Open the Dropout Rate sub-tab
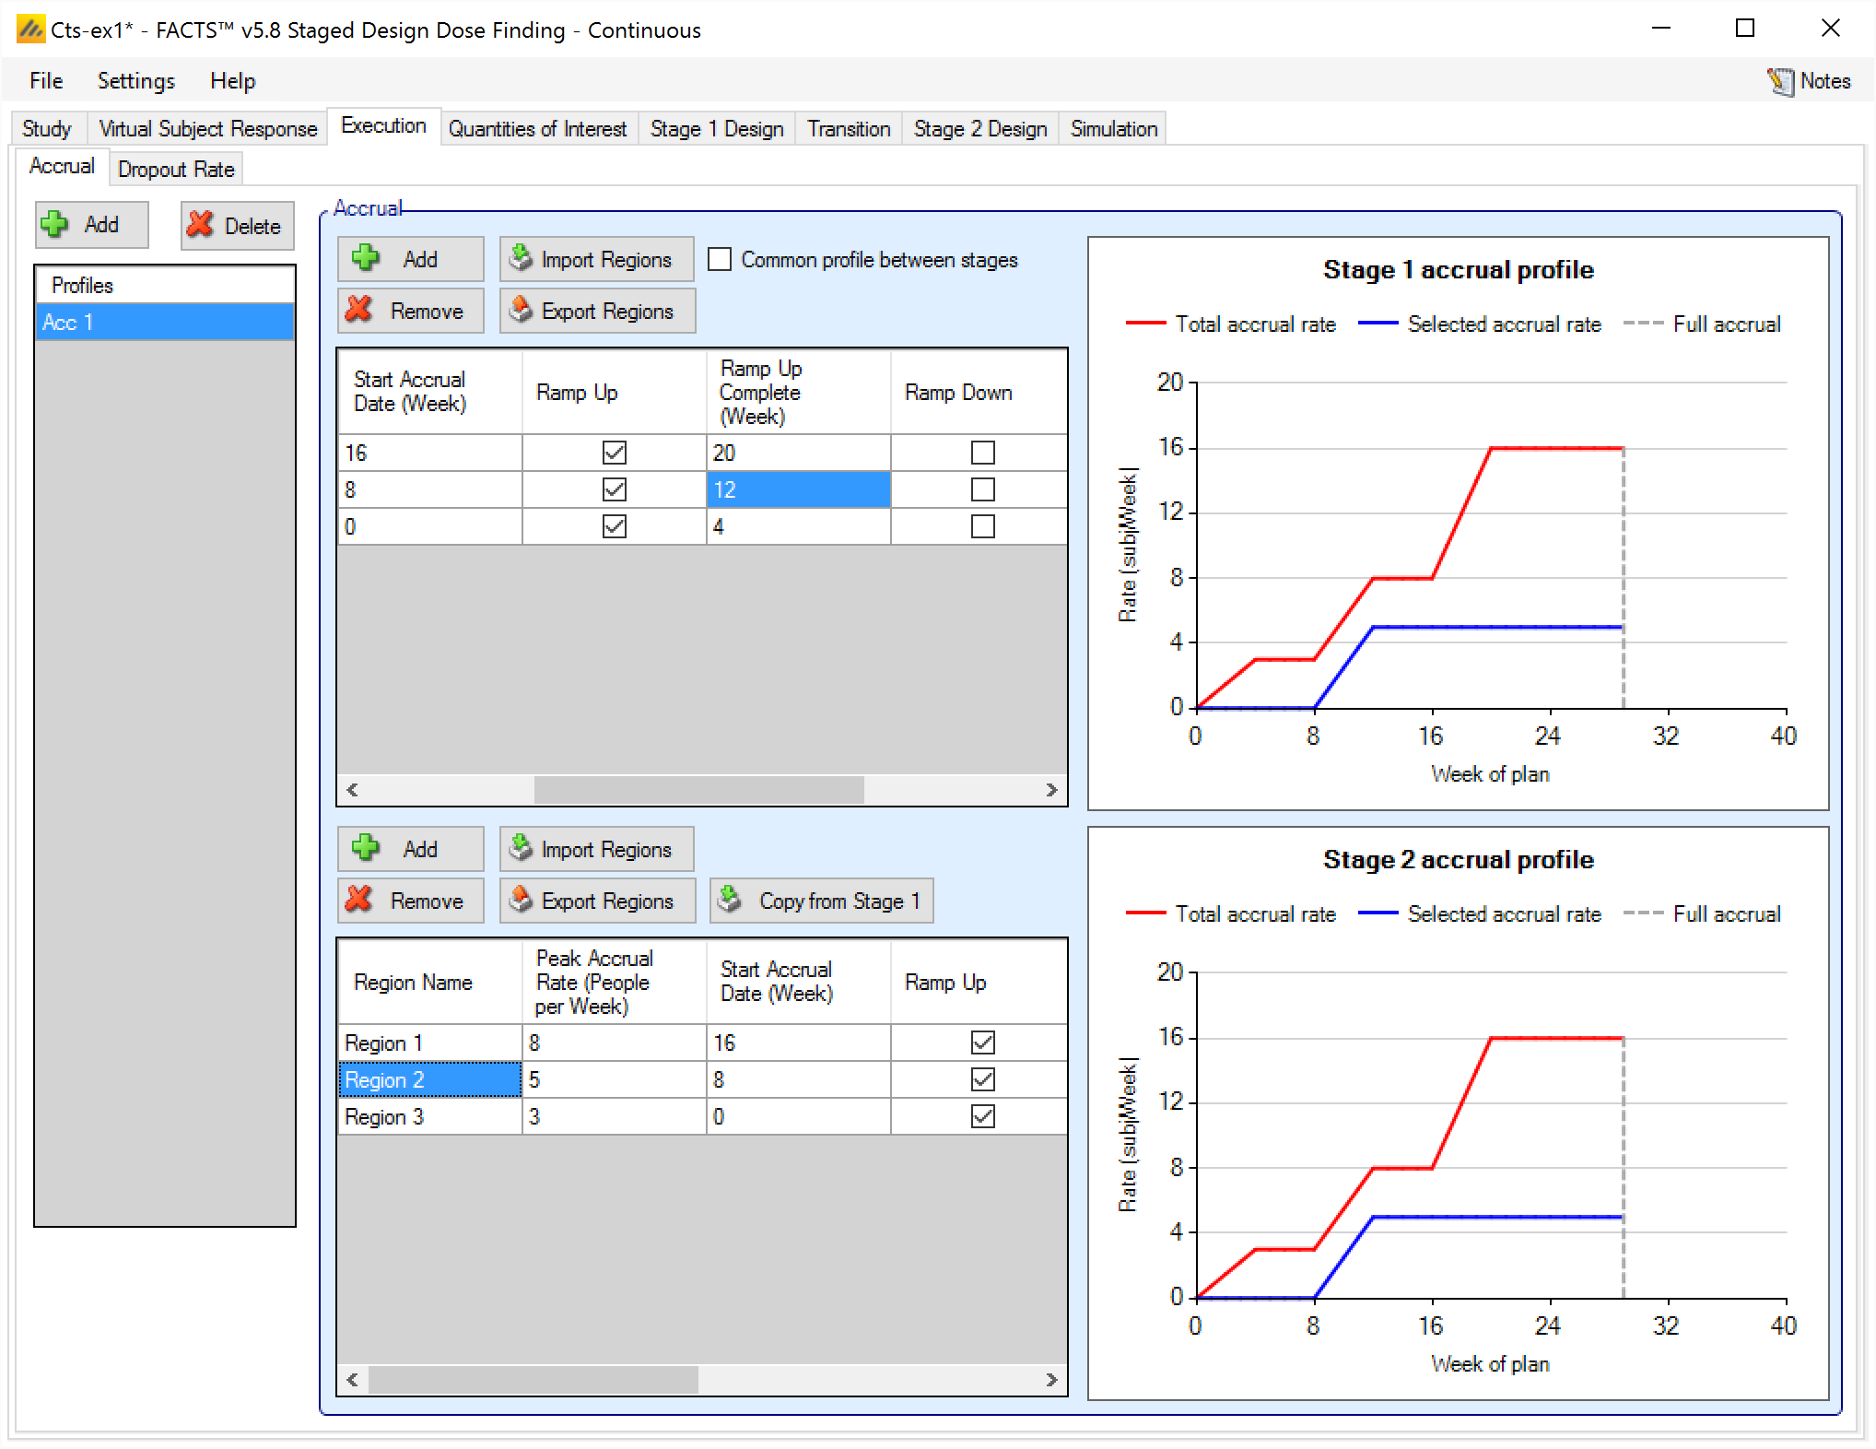pyautogui.click(x=176, y=170)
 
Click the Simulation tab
pyautogui.click(x=1113, y=129)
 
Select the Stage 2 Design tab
pyautogui.click(x=979, y=129)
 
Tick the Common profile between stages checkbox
pyautogui.click(x=720, y=260)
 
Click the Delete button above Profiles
pyautogui.click(x=237, y=226)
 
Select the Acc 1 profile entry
pyautogui.click(x=164, y=323)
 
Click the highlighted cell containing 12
pyautogui.click(x=798, y=490)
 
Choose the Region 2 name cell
pyautogui.click(x=429, y=1080)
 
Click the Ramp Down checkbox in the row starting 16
pyautogui.click(x=983, y=454)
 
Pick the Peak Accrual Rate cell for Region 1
pyautogui.click(x=614, y=1043)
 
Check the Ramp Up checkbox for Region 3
pyautogui.click(x=983, y=1117)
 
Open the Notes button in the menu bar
pyautogui.click(x=1810, y=81)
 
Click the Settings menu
pyautogui.click(x=135, y=81)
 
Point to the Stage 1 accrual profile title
pyautogui.click(x=1458, y=270)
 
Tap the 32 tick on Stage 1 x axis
pyautogui.click(x=1666, y=736)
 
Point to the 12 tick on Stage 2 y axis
pyautogui.click(x=1170, y=1102)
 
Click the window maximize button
pyautogui.click(x=1745, y=29)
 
